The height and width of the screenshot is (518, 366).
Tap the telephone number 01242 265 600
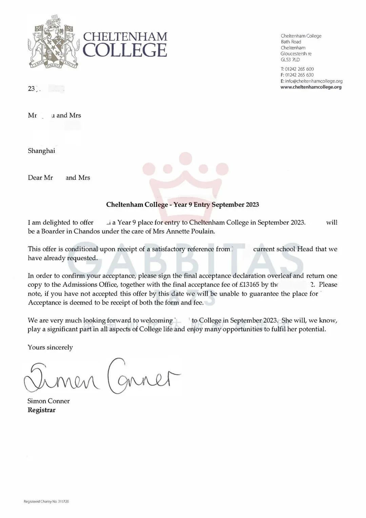point(299,69)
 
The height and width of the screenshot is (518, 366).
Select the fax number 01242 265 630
point(299,75)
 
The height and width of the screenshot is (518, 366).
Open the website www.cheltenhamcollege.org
point(311,87)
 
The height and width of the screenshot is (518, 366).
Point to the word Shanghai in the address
point(41,151)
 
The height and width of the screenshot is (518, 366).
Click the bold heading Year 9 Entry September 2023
point(182,204)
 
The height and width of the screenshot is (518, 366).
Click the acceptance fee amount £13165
point(249,285)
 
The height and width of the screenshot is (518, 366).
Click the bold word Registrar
point(41,410)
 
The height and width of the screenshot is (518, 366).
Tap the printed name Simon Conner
point(48,401)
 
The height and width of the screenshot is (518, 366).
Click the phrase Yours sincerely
point(50,347)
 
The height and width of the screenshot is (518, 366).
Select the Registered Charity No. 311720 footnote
point(46,501)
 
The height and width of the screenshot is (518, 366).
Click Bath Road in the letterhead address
point(291,42)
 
